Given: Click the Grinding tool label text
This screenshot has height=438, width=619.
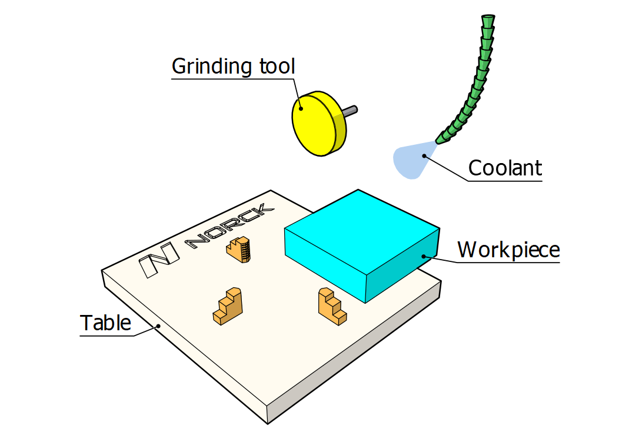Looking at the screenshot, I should tap(233, 66).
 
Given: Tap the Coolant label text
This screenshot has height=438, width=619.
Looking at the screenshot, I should tap(504, 168).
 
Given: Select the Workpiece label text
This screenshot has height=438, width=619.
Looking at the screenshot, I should tap(508, 250).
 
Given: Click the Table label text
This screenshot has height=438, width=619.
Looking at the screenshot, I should tap(105, 323).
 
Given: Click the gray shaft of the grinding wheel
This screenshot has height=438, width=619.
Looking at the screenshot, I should tap(350, 110).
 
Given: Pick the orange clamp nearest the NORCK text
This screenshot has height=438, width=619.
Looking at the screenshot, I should tap(239, 249).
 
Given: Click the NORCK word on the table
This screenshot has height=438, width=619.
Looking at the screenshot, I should tap(229, 226).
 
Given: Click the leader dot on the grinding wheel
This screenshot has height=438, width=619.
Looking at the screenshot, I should tap(301, 108).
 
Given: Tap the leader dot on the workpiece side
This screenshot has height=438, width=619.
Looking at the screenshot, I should tap(423, 256).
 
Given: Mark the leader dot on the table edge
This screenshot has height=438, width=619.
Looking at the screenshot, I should tap(158, 326).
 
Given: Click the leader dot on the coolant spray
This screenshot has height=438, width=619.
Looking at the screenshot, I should tap(424, 155).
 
